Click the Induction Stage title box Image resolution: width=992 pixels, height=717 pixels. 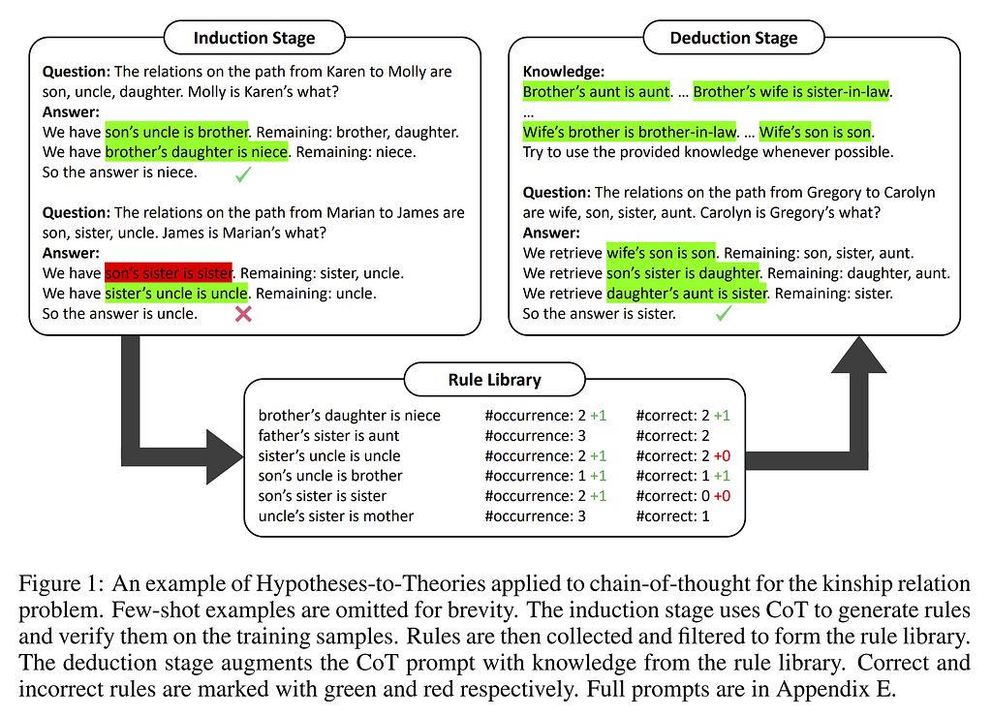(255, 38)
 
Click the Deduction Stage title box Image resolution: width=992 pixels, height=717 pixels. (734, 38)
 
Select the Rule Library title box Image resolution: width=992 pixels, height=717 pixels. (495, 380)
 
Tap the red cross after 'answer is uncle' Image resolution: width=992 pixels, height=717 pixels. (243, 314)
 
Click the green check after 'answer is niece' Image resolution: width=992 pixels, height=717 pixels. (243, 174)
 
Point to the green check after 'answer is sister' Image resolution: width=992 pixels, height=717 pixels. (723, 313)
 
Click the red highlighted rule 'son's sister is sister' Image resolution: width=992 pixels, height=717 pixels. (169, 273)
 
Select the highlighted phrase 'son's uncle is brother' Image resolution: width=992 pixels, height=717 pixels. (176, 133)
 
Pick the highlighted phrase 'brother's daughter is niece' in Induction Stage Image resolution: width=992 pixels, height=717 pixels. (196, 152)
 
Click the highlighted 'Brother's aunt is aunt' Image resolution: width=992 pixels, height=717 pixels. (596, 92)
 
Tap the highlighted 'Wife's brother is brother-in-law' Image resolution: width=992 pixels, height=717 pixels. (630, 133)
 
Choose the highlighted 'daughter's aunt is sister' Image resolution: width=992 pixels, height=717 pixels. (687, 294)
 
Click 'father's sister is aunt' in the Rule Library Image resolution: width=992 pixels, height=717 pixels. (328, 435)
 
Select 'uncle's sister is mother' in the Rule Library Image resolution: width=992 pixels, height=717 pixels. (336, 516)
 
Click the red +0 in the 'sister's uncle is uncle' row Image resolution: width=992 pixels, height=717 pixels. (722, 455)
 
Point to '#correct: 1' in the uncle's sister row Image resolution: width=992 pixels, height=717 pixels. (672, 516)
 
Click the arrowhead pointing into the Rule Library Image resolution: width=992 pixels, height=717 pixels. (225, 456)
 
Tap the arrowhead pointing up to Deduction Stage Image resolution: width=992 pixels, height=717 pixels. (858, 355)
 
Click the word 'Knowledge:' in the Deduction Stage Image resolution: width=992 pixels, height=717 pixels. (564, 72)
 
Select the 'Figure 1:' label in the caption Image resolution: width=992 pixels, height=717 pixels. (61, 583)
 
